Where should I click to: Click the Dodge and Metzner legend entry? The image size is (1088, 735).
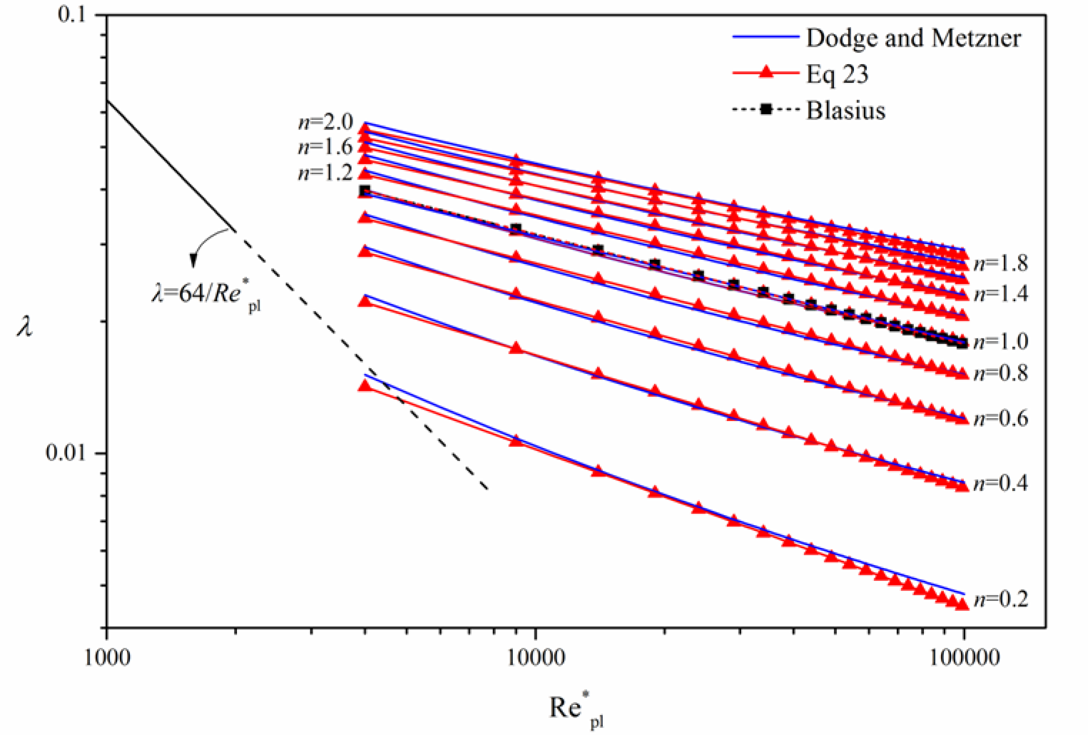pos(913,38)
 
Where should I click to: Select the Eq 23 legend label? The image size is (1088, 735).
pos(837,74)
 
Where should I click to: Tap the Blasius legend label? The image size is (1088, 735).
pos(845,111)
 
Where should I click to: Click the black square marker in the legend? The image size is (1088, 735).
pos(766,109)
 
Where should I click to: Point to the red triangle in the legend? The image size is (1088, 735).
pos(766,72)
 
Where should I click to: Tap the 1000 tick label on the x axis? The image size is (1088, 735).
pos(106,657)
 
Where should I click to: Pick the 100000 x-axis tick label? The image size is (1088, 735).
pos(965,657)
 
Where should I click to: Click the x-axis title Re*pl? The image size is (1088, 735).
pos(576,711)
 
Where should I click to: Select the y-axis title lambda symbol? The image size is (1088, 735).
pos(25,327)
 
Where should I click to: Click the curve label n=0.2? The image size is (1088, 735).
pos(1001,599)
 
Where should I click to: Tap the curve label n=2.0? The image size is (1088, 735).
pos(325,123)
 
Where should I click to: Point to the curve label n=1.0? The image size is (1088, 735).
pos(1001,342)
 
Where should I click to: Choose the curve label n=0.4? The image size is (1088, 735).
pos(1001,484)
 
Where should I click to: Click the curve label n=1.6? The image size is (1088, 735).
pos(325,147)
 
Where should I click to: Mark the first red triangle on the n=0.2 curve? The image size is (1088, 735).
pos(365,386)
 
